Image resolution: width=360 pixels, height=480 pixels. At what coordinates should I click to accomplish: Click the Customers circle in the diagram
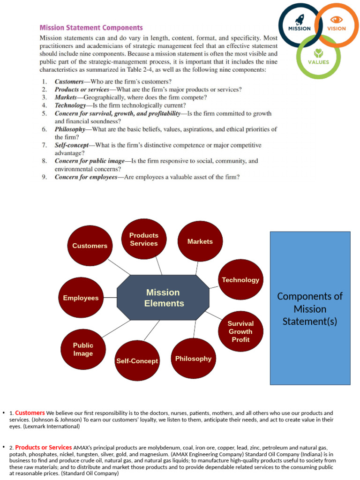tap(90, 246)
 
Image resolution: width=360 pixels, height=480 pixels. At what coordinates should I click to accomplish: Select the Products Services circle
tap(144, 239)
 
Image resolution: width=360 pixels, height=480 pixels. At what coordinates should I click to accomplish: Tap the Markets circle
tap(200, 241)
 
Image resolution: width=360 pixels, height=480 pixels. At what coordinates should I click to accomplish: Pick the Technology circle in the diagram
tap(240, 280)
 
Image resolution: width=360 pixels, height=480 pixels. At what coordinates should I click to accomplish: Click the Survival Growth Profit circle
tap(240, 331)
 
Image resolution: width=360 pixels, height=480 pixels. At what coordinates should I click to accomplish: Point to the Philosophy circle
tap(193, 359)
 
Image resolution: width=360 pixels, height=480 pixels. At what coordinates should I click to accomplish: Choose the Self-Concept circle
tap(137, 361)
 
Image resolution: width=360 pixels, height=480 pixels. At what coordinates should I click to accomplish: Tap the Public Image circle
tap(83, 349)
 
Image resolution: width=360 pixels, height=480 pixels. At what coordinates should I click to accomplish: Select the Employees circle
tap(81, 298)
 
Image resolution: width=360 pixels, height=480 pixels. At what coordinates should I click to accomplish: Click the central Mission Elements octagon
tap(163, 298)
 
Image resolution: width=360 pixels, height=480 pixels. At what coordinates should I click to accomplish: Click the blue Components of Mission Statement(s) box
tap(310, 308)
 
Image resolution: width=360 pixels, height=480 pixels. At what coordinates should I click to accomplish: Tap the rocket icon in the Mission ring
tap(300, 19)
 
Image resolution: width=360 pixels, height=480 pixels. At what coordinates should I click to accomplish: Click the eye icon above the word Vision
tap(337, 19)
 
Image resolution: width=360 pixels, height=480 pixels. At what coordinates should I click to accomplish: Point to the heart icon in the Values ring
tap(318, 52)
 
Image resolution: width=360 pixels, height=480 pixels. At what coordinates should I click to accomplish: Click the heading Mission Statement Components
tap(91, 28)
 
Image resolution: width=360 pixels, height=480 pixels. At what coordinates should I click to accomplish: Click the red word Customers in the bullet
tap(30, 413)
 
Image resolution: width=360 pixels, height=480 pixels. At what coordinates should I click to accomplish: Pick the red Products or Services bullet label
tap(44, 447)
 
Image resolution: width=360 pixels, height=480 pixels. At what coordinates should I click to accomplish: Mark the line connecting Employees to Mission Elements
tap(110, 298)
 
